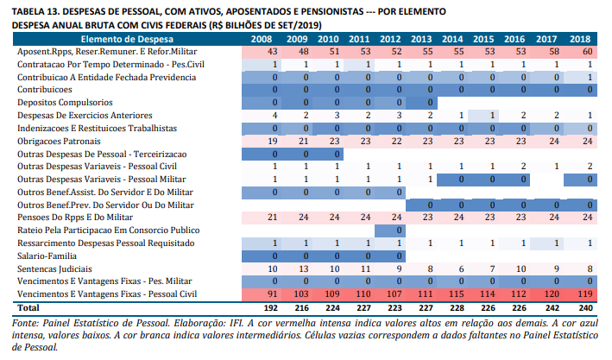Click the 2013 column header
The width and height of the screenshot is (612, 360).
pos(421,41)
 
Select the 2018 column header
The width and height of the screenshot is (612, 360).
pos(580,41)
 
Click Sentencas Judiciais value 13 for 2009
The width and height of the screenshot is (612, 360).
pos(300,268)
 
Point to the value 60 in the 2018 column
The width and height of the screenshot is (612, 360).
pos(585,53)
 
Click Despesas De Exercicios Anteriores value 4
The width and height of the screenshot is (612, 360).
pos(274,115)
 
